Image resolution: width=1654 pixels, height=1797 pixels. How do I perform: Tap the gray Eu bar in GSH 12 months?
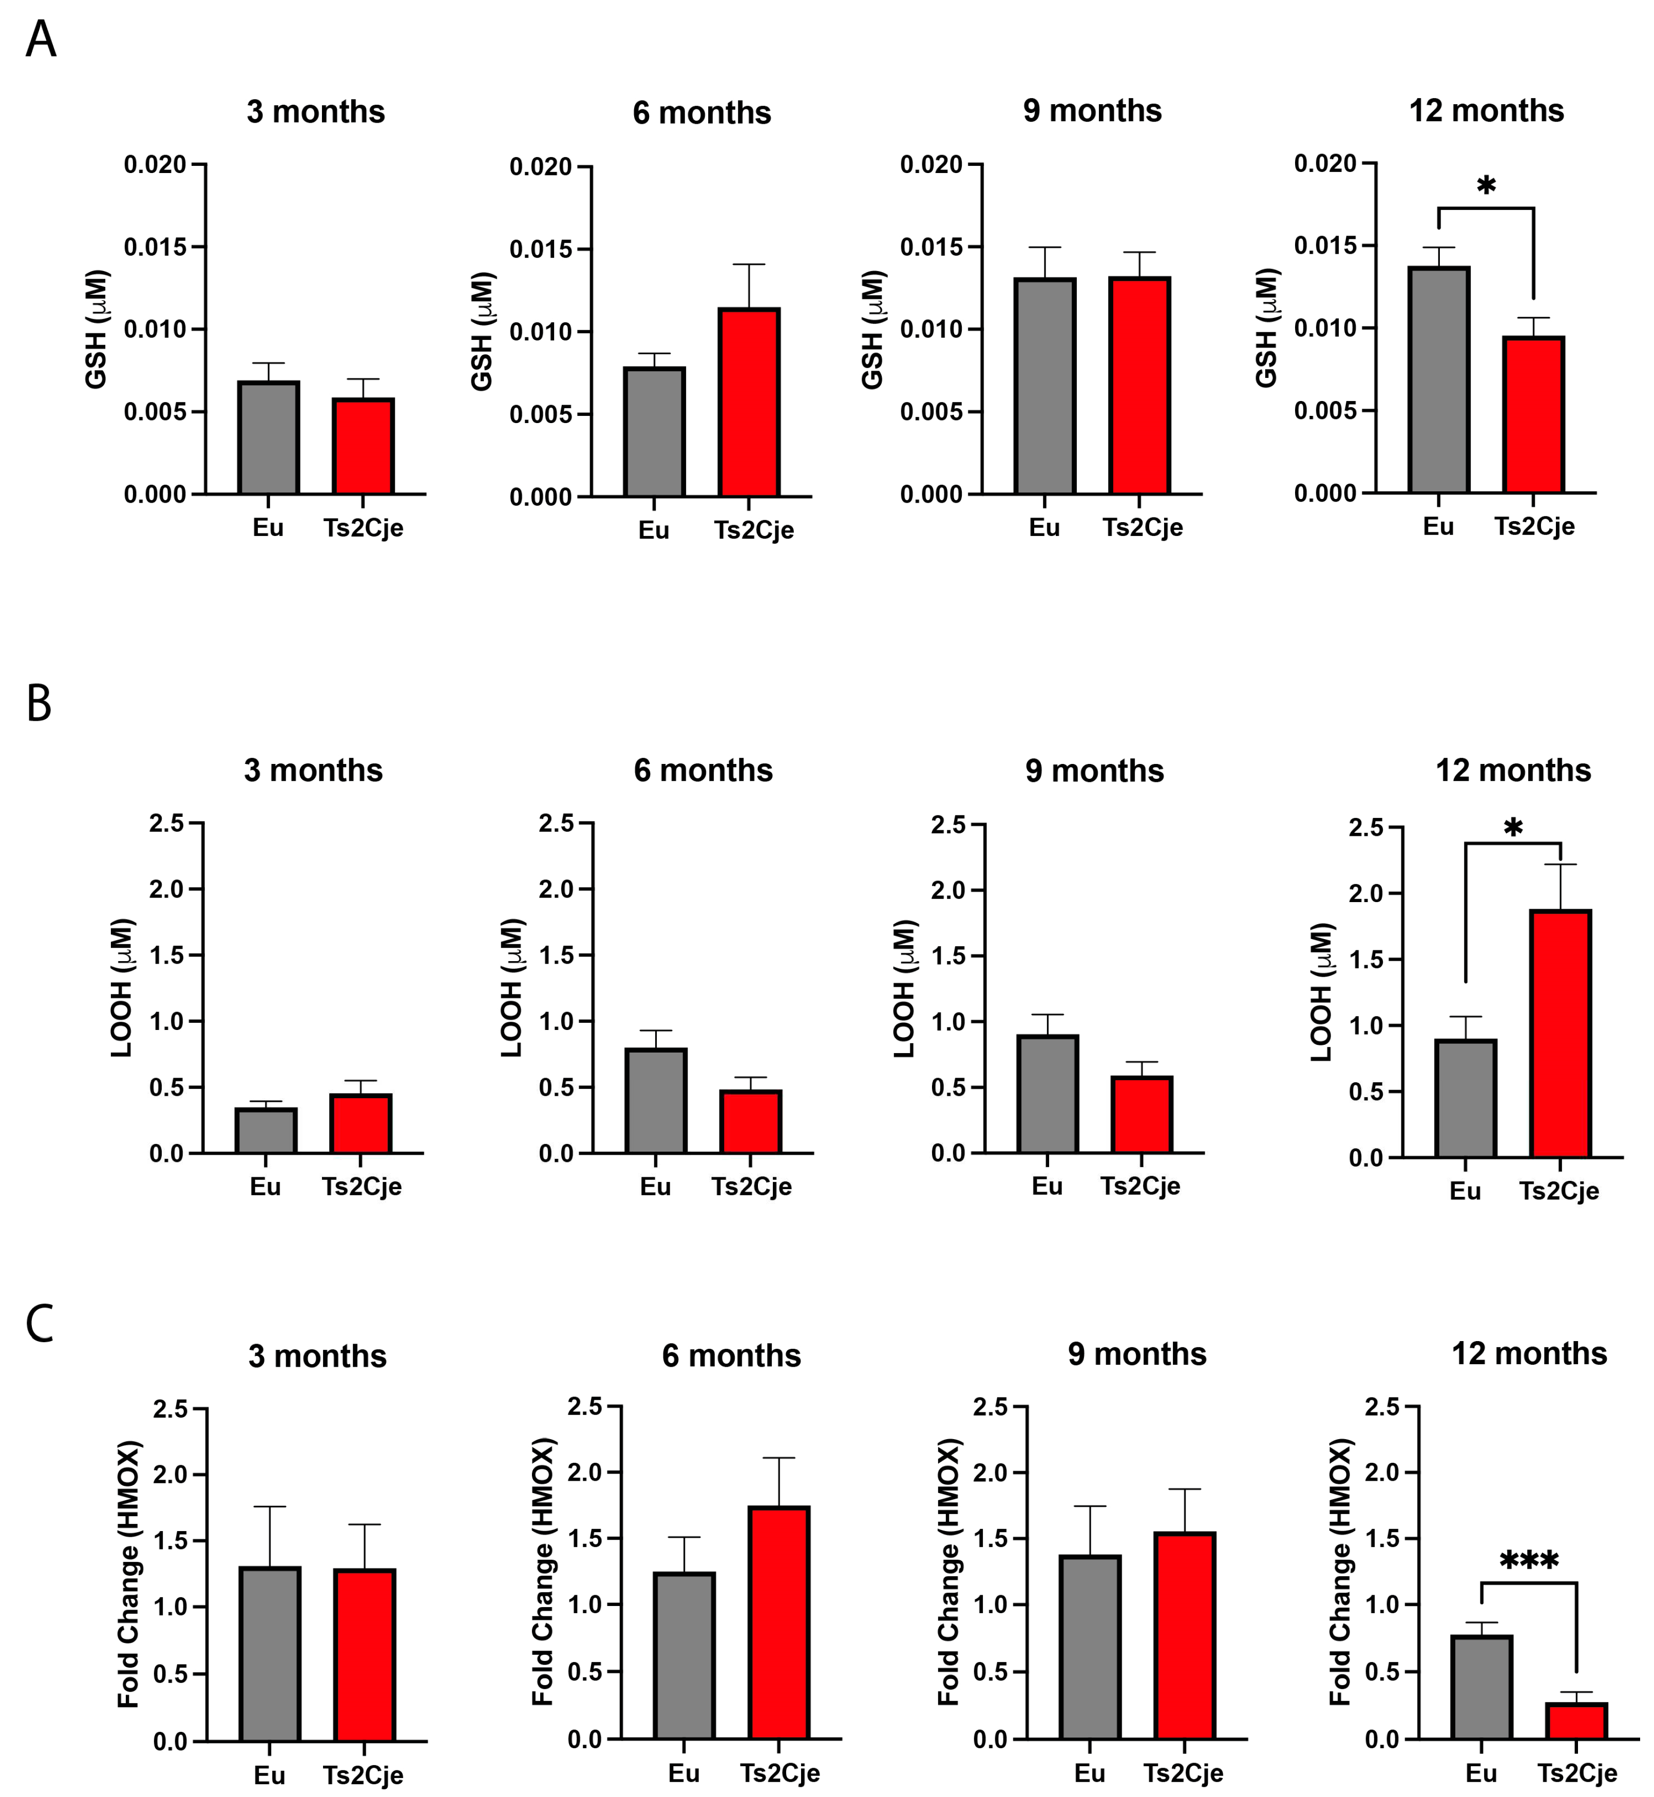(x=1438, y=380)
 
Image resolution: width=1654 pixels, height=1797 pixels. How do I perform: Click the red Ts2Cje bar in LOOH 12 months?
(x=1560, y=1034)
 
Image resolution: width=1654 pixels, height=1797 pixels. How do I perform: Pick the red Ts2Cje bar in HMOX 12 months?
(x=1576, y=1720)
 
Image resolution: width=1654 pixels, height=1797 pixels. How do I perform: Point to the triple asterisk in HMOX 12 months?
(x=1529, y=1562)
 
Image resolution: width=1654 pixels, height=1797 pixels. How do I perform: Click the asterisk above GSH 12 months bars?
(x=1486, y=186)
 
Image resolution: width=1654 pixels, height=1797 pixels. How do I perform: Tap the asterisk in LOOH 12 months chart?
(x=1513, y=828)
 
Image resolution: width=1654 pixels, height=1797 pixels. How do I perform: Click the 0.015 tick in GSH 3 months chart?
(x=155, y=247)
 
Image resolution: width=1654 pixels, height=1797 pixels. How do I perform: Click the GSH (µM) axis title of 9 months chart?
(x=872, y=329)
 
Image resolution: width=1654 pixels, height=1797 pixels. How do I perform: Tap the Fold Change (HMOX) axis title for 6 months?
(x=543, y=1572)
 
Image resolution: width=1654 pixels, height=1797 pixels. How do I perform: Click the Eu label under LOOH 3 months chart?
(x=265, y=1187)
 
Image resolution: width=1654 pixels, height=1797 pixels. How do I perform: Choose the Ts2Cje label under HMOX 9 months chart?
(x=1182, y=1773)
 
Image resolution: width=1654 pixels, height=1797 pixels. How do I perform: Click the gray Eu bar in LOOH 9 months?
(x=1047, y=1094)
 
